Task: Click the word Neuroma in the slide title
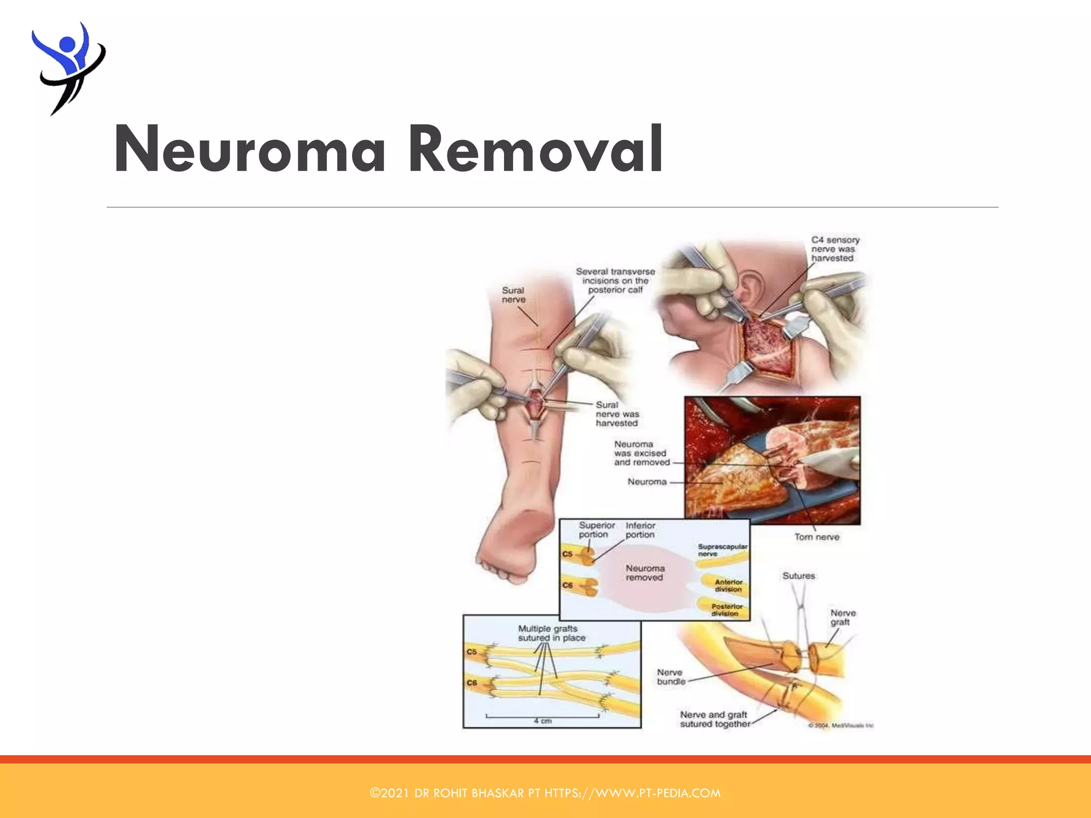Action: tap(249, 149)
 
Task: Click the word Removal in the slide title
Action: tap(535, 149)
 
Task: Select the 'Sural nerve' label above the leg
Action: tap(514, 295)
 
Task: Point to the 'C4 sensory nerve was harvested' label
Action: tap(835, 249)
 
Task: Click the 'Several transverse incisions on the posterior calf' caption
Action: tap(615, 281)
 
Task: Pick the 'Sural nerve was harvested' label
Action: tap(617, 414)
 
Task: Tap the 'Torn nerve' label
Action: tap(817, 537)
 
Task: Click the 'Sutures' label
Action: tap(799, 576)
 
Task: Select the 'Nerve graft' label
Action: tap(843, 617)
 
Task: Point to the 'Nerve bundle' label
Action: tap(670, 677)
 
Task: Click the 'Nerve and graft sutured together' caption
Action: tap(714, 719)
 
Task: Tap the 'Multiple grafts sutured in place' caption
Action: tap(551, 633)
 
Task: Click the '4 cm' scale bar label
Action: tap(543, 721)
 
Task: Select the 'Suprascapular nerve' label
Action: tap(722, 550)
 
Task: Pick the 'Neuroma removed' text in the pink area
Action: tap(645, 572)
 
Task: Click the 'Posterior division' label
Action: tap(726, 610)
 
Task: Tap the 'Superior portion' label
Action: tap(596, 530)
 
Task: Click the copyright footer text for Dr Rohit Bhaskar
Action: tap(545, 793)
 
